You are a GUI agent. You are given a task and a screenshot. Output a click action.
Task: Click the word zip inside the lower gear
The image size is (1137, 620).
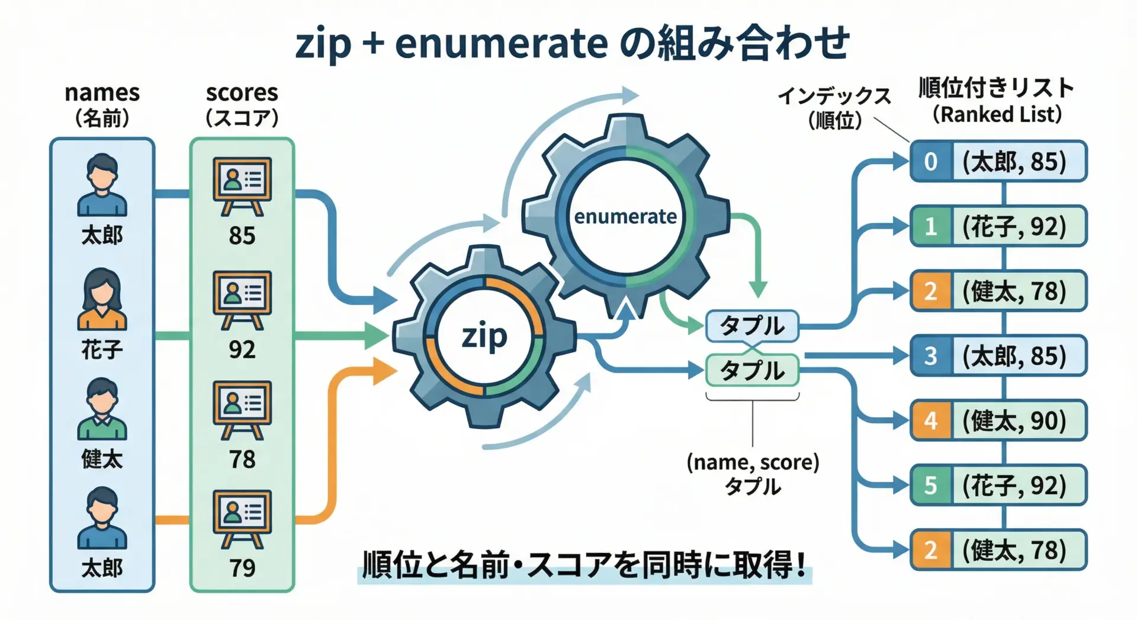pos(484,337)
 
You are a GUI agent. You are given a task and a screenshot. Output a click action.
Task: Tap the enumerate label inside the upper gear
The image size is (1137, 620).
pos(625,217)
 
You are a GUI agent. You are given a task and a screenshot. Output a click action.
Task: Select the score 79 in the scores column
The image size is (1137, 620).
pos(242,568)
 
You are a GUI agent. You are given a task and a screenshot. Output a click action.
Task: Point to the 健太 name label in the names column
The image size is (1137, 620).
pos(102,459)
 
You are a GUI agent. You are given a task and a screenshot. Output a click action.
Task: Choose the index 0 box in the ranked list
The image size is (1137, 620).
pos(930,161)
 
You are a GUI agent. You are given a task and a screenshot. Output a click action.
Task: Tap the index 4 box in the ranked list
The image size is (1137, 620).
pos(930,420)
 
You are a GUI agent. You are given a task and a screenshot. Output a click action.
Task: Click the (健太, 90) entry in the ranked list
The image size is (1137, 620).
pos(1014,420)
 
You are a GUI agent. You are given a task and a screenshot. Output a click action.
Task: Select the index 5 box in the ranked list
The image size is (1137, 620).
pos(930,486)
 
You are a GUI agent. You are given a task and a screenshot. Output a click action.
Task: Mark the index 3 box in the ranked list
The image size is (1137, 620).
pos(930,356)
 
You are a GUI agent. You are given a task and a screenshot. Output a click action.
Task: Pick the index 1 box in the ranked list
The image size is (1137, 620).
pos(930,226)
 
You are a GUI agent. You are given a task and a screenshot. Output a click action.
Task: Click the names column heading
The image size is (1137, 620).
pos(102,93)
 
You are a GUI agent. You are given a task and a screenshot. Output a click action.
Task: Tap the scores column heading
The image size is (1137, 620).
pos(242,93)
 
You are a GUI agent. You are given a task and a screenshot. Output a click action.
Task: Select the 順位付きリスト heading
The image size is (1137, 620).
pos(996,88)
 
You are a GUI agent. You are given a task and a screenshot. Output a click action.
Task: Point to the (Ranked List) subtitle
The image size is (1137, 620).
pos(997,114)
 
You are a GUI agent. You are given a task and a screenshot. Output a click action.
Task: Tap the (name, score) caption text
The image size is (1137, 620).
pos(753,462)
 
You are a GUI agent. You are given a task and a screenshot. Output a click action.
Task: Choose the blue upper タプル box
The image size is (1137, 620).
pos(751,326)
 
